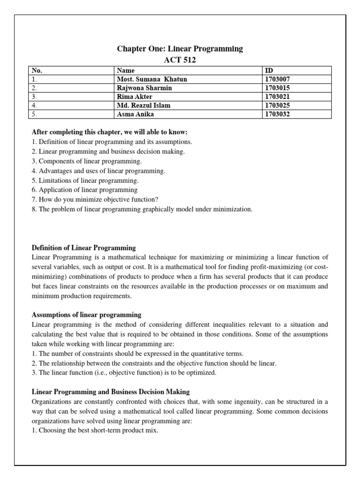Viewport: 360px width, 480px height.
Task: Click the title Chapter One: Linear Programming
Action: tap(180, 49)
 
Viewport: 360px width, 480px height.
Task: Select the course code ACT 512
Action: tap(180, 60)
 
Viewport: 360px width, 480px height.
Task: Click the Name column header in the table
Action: tap(126, 71)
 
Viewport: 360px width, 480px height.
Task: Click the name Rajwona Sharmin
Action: tap(144, 88)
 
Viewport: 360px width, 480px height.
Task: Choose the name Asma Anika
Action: tap(135, 114)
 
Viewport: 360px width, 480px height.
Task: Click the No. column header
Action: tap(37, 71)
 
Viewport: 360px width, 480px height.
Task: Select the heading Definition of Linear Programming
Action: tap(83, 247)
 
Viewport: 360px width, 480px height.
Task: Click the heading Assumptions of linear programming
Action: tap(86, 314)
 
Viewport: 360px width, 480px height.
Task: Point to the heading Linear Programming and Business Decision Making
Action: tap(110, 391)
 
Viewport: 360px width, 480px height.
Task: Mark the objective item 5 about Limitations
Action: tap(85, 180)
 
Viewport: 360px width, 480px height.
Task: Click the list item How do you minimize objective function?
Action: tap(91, 200)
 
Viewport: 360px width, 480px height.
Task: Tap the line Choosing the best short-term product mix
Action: tap(95, 430)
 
